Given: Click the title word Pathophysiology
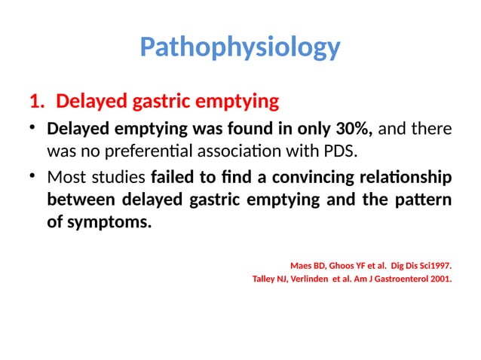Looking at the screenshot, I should (240, 47).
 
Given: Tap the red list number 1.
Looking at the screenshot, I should (35, 100).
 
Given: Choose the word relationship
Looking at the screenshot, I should (407, 178).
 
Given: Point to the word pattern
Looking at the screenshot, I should (427, 201).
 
